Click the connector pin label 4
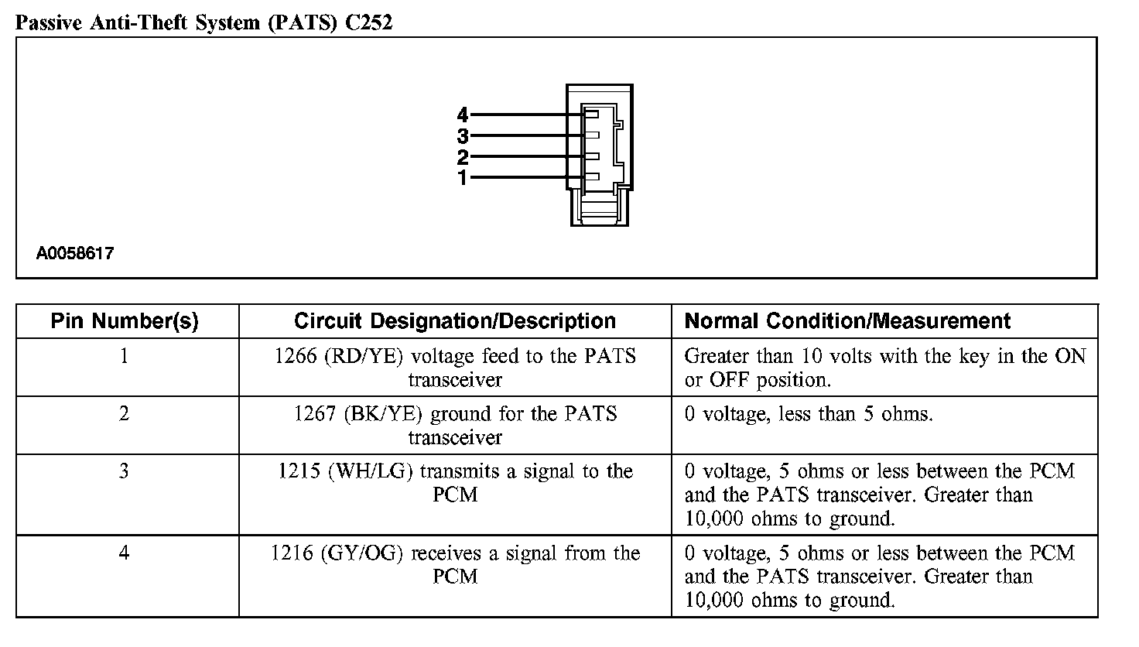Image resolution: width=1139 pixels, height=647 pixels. tap(463, 115)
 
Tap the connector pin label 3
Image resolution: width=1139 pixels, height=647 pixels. tap(463, 137)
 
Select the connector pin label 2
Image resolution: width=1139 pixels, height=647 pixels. tap(463, 158)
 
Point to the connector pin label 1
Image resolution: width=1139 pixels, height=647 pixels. tap(463, 179)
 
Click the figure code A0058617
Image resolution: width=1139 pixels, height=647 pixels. tap(75, 253)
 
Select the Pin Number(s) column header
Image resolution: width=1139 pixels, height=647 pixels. tap(125, 321)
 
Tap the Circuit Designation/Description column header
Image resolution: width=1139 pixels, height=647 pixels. tap(455, 321)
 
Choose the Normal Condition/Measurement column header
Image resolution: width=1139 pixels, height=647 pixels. tap(848, 321)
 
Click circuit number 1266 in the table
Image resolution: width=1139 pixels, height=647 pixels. tap(296, 357)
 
